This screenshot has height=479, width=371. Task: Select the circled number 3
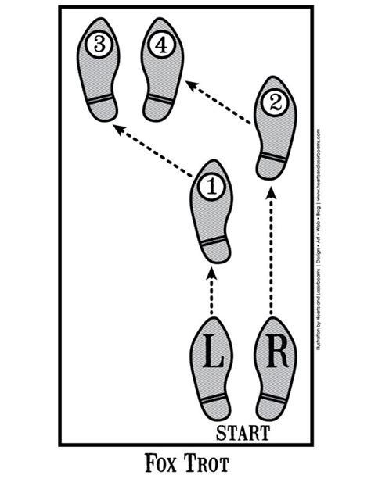(99, 45)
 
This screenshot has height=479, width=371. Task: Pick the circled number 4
(160, 45)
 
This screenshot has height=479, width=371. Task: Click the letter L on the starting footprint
(211, 352)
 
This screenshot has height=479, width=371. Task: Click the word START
(243, 431)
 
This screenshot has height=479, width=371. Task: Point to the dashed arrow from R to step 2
(272, 250)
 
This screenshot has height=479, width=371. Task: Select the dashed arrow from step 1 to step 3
(153, 148)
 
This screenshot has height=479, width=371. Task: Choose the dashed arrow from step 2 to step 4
(218, 99)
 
